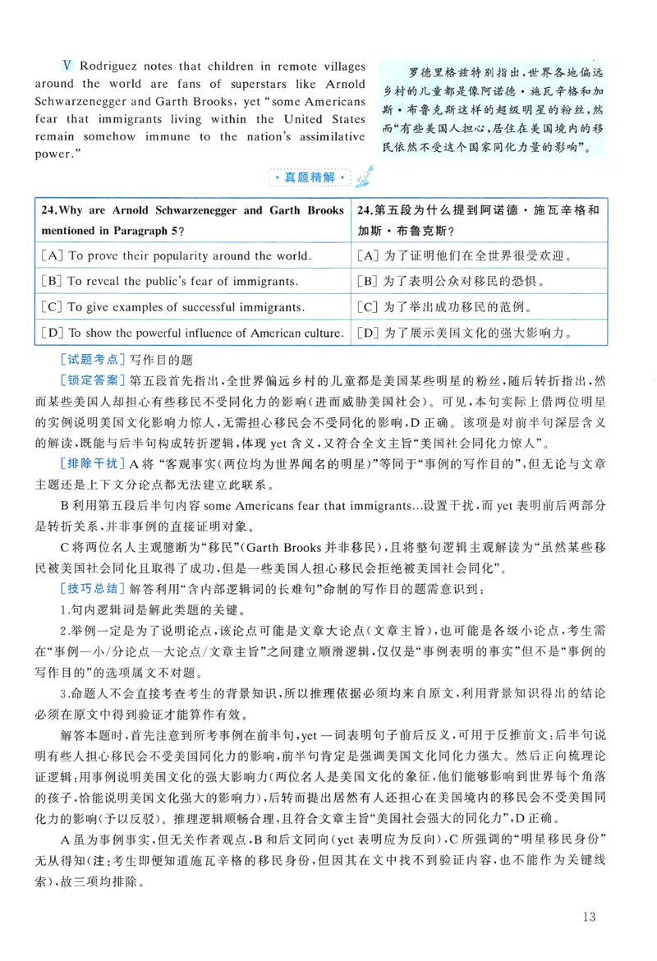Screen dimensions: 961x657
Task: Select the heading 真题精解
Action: point(314,178)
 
